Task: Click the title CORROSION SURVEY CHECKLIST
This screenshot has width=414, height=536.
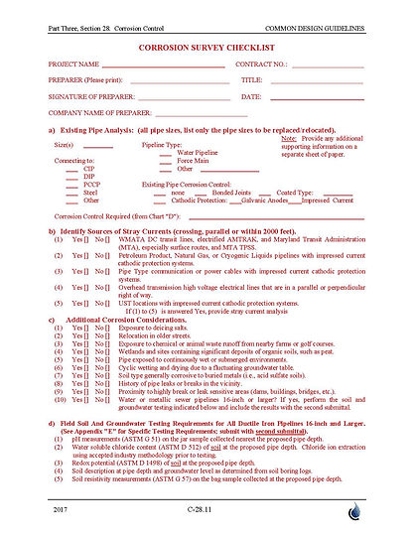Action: [206, 47]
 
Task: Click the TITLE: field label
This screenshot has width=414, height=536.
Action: [251, 81]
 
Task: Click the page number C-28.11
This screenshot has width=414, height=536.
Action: [206, 510]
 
